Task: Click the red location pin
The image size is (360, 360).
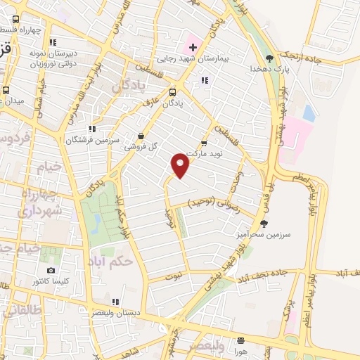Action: (x=181, y=165)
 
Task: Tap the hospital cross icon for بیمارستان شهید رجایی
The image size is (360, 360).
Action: (x=193, y=47)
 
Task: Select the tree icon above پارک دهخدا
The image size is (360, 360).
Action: (x=269, y=58)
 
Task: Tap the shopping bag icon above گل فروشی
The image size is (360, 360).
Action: (x=141, y=136)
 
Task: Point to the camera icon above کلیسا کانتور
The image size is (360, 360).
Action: (x=50, y=271)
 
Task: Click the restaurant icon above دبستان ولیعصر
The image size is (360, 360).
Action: (x=115, y=302)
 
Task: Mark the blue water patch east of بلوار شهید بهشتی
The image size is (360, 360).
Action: (x=309, y=112)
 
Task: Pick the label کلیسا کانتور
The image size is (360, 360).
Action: (x=51, y=282)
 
